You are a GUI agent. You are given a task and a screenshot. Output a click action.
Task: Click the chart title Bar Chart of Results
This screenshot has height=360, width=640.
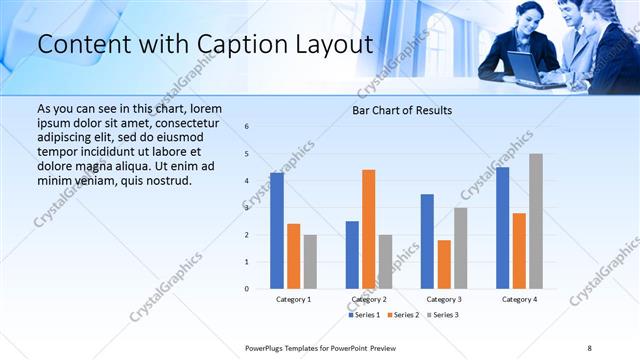click(402, 110)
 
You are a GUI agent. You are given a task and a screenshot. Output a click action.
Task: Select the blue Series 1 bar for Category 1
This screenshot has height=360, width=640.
click(277, 231)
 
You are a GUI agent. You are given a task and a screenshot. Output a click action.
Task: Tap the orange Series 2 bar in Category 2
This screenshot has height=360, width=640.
click(369, 229)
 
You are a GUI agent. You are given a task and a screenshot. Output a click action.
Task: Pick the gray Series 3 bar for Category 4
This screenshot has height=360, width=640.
click(536, 221)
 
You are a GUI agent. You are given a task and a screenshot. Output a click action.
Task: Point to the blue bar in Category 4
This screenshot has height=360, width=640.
click(503, 228)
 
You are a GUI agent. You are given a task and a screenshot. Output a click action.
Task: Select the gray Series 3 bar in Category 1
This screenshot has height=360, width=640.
click(310, 262)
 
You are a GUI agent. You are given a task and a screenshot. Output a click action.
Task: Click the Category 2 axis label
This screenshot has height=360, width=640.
click(369, 299)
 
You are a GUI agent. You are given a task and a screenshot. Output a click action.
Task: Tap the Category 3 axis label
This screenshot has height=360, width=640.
click(444, 299)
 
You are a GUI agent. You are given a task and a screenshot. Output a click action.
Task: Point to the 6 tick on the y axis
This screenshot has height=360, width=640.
click(247, 127)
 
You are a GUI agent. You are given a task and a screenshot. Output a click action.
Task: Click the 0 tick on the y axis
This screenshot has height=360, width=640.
click(247, 289)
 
